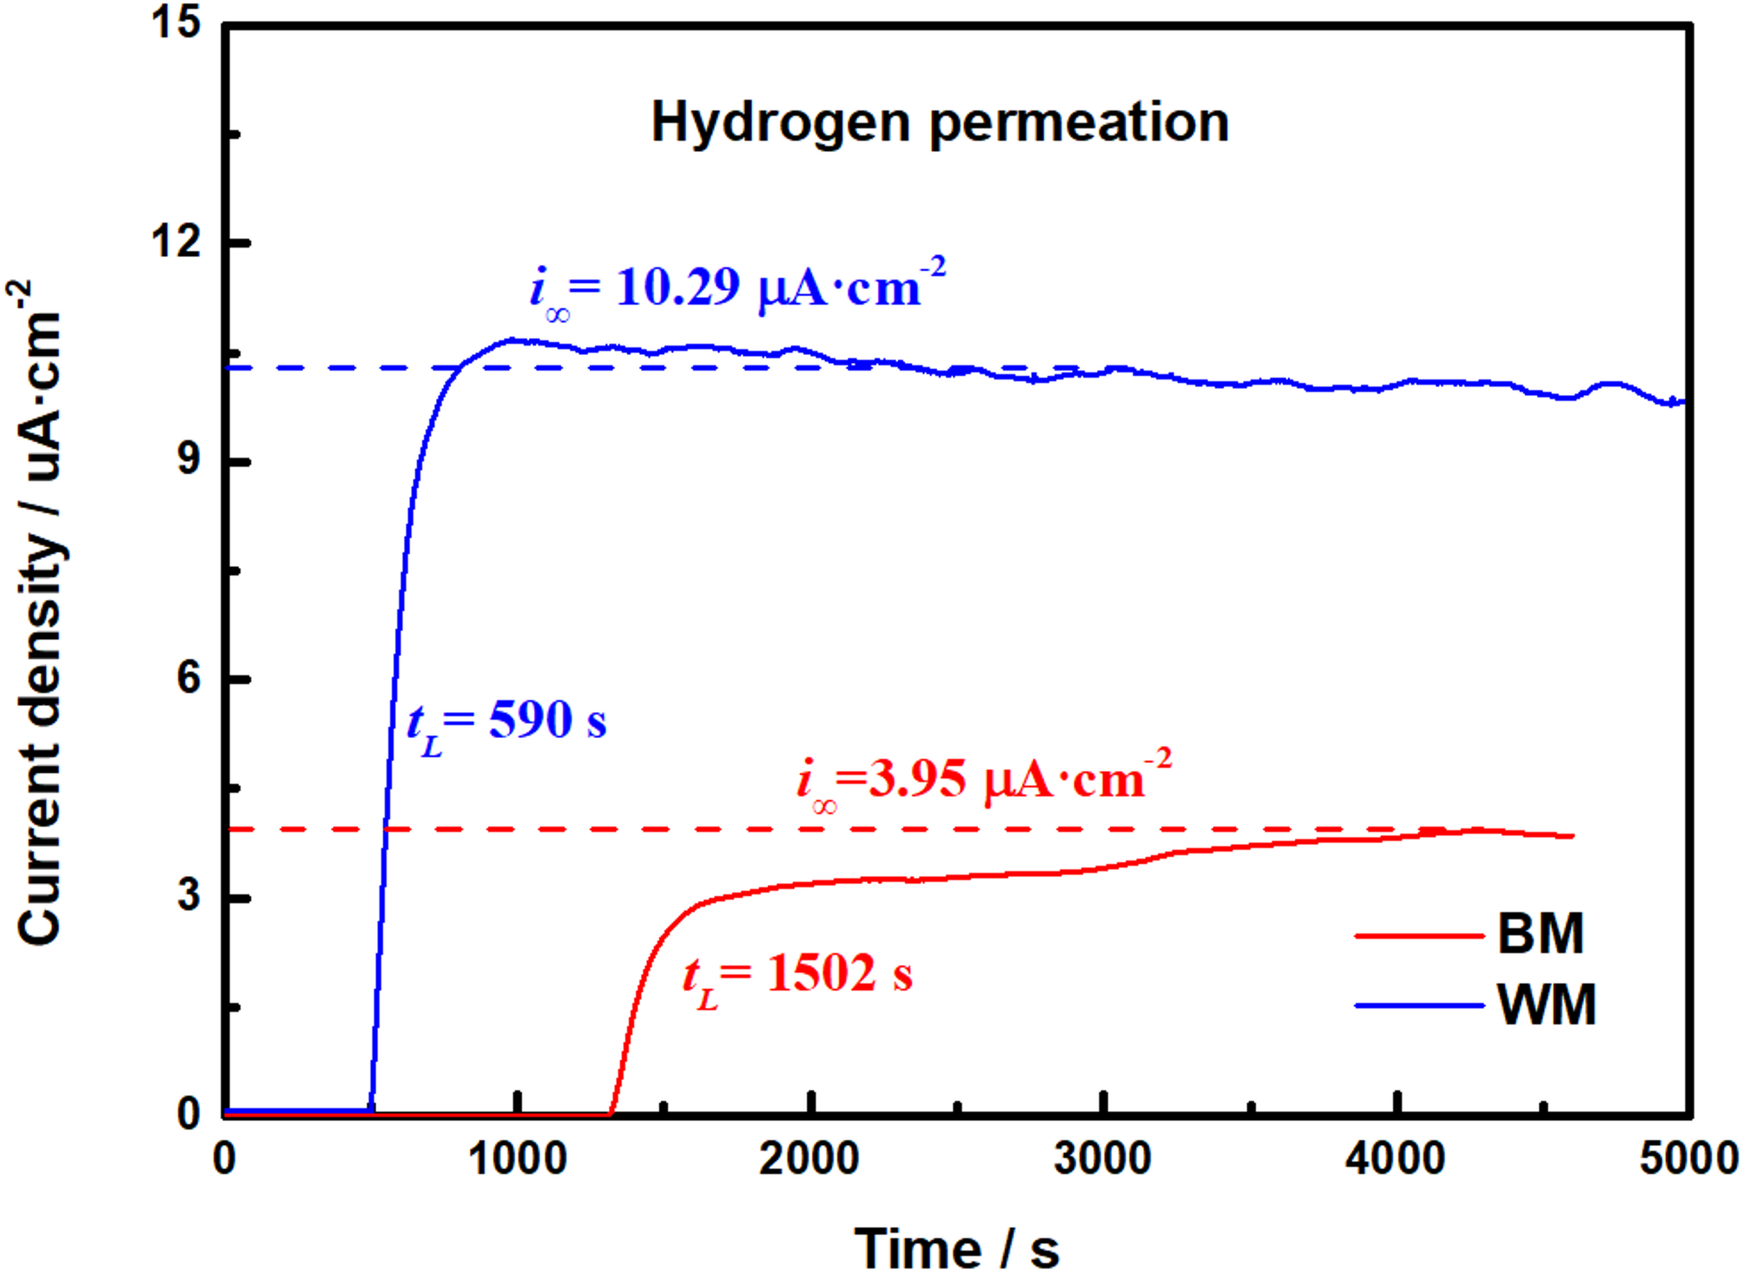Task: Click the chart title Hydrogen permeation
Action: tap(940, 122)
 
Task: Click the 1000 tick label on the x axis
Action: tap(518, 1159)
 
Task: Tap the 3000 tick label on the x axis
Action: tap(1103, 1159)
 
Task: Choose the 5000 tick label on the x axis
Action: tap(1688, 1159)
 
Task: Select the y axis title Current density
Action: tap(39, 612)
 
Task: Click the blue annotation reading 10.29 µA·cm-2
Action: tap(738, 287)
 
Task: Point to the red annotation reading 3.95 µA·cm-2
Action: tap(984, 780)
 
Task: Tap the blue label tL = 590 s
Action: tap(506, 722)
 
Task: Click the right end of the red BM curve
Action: tap(1572, 836)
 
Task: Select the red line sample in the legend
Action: tap(1419, 935)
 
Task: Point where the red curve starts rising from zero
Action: tap(611, 1113)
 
